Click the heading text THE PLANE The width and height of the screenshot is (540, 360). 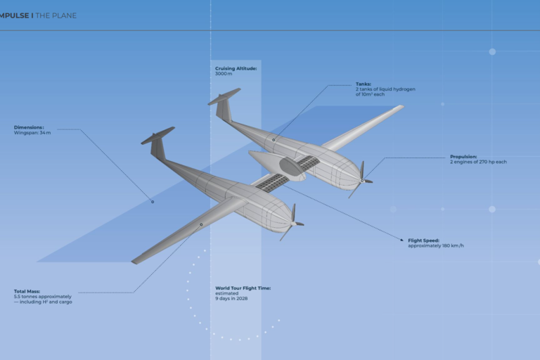click(x=56, y=15)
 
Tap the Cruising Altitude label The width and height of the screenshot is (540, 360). click(x=236, y=69)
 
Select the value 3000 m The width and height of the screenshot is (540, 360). click(x=224, y=74)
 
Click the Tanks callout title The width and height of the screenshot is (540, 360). click(x=364, y=84)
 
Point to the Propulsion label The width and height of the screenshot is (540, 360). click(x=463, y=157)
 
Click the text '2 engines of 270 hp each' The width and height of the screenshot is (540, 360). click(x=478, y=162)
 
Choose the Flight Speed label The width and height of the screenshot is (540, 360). click(x=423, y=240)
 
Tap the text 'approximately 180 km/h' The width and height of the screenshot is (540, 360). click(x=436, y=245)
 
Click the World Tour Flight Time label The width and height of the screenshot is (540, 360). click(x=243, y=288)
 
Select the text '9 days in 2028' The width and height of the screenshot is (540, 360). click(x=231, y=298)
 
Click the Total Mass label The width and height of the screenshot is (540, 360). click(x=27, y=291)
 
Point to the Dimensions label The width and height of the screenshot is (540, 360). click(x=29, y=127)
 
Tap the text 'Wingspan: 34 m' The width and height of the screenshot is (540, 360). click(x=32, y=133)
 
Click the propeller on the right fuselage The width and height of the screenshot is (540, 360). click(x=361, y=180)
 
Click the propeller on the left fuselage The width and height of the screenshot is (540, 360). click(x=292, y=223)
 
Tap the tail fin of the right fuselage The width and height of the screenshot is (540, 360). click(x=224, y=104)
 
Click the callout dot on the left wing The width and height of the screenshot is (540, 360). click(x=201, y=224)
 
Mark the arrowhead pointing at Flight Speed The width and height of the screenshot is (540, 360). click(x=401, y=240)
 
